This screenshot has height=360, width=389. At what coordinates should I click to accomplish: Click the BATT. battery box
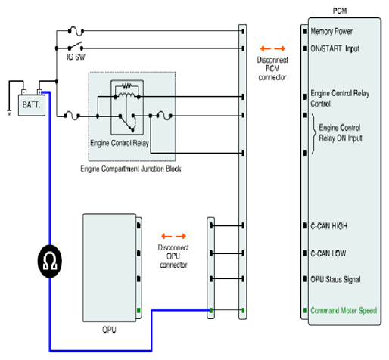pyautogui.click(x=32, y=105)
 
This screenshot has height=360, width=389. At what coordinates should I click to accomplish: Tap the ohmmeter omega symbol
pyautogui.click(x=50, y=261)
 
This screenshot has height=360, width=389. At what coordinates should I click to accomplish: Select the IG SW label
pyautogui.click(x=76, y=57)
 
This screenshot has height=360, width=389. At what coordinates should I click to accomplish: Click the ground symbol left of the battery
pyautogui.click(x=9, y=113)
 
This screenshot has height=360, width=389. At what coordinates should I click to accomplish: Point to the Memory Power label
pyautogui.click(x=331, y=31)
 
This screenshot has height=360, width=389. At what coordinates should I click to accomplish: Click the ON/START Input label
pyautogui.click(x=335, y=48)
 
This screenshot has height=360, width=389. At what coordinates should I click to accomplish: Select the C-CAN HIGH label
pyautogui.click(x=329, y=226)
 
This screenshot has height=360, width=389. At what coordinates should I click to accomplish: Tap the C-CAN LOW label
pyautogui.click(x=328, y=253)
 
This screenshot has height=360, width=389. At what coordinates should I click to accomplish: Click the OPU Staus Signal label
pyautogui.click(x=335, y=279)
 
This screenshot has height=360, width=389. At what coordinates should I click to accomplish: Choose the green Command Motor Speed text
pyautogui.click(x=344, y=310)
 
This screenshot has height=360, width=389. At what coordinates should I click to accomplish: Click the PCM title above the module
pyautogui.click(x=340, y=11)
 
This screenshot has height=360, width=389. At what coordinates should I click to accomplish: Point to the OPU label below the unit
pyautogui.click(x=109, y=330)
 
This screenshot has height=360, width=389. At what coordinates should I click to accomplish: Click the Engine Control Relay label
pyautogui.click(x=120, y=143)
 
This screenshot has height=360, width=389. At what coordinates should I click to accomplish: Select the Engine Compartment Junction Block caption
pyautogui.click(x=131, y=169)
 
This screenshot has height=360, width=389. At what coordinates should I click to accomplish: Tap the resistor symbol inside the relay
pyautogui.click(x=126, y=86)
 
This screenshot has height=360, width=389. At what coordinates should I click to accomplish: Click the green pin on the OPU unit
pyautogui.click(x=138, y=310)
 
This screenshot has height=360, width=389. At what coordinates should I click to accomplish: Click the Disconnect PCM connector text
pyautogui.click(x=272, y=69)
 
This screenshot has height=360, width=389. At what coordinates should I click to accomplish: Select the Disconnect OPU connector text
pyautogui.click(x=173, y=256)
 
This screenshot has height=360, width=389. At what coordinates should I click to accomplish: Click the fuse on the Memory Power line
pyautogui.click(x=76, y=31)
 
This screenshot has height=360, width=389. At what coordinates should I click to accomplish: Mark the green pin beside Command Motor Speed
pyautogui.click(x=305, y=310)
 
